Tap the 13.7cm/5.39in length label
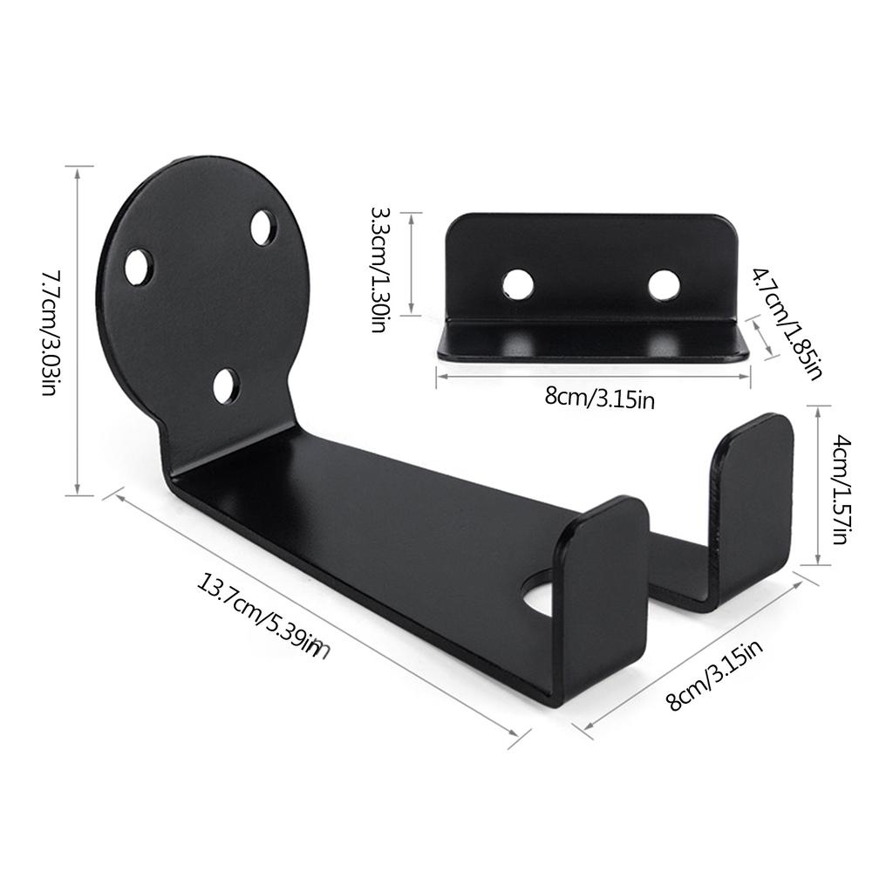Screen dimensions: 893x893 258,617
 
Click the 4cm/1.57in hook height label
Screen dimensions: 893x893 838,489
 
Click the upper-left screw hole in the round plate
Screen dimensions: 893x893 139,266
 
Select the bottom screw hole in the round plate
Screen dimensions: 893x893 227,385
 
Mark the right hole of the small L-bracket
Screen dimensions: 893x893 664,285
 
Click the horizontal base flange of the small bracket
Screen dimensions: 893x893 593,341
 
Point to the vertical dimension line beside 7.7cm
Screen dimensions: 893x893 79,331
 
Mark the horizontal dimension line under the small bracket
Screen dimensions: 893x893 593,376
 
